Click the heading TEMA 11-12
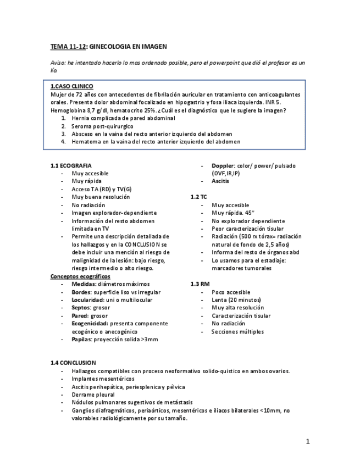(68, 47)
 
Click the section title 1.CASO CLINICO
(71, 86)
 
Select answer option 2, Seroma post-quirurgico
(102, 126)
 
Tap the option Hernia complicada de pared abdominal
(123, 118)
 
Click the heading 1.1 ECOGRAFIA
(71, 165)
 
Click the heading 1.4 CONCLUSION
(73, 363)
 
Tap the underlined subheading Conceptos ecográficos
(80, 276)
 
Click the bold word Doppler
(223, 165)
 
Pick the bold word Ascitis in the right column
(220, 181)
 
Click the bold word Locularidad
(88, 300)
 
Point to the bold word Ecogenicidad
(90, 324)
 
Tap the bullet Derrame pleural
(93, 395)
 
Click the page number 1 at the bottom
(308, 441)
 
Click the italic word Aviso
(58, 63)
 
